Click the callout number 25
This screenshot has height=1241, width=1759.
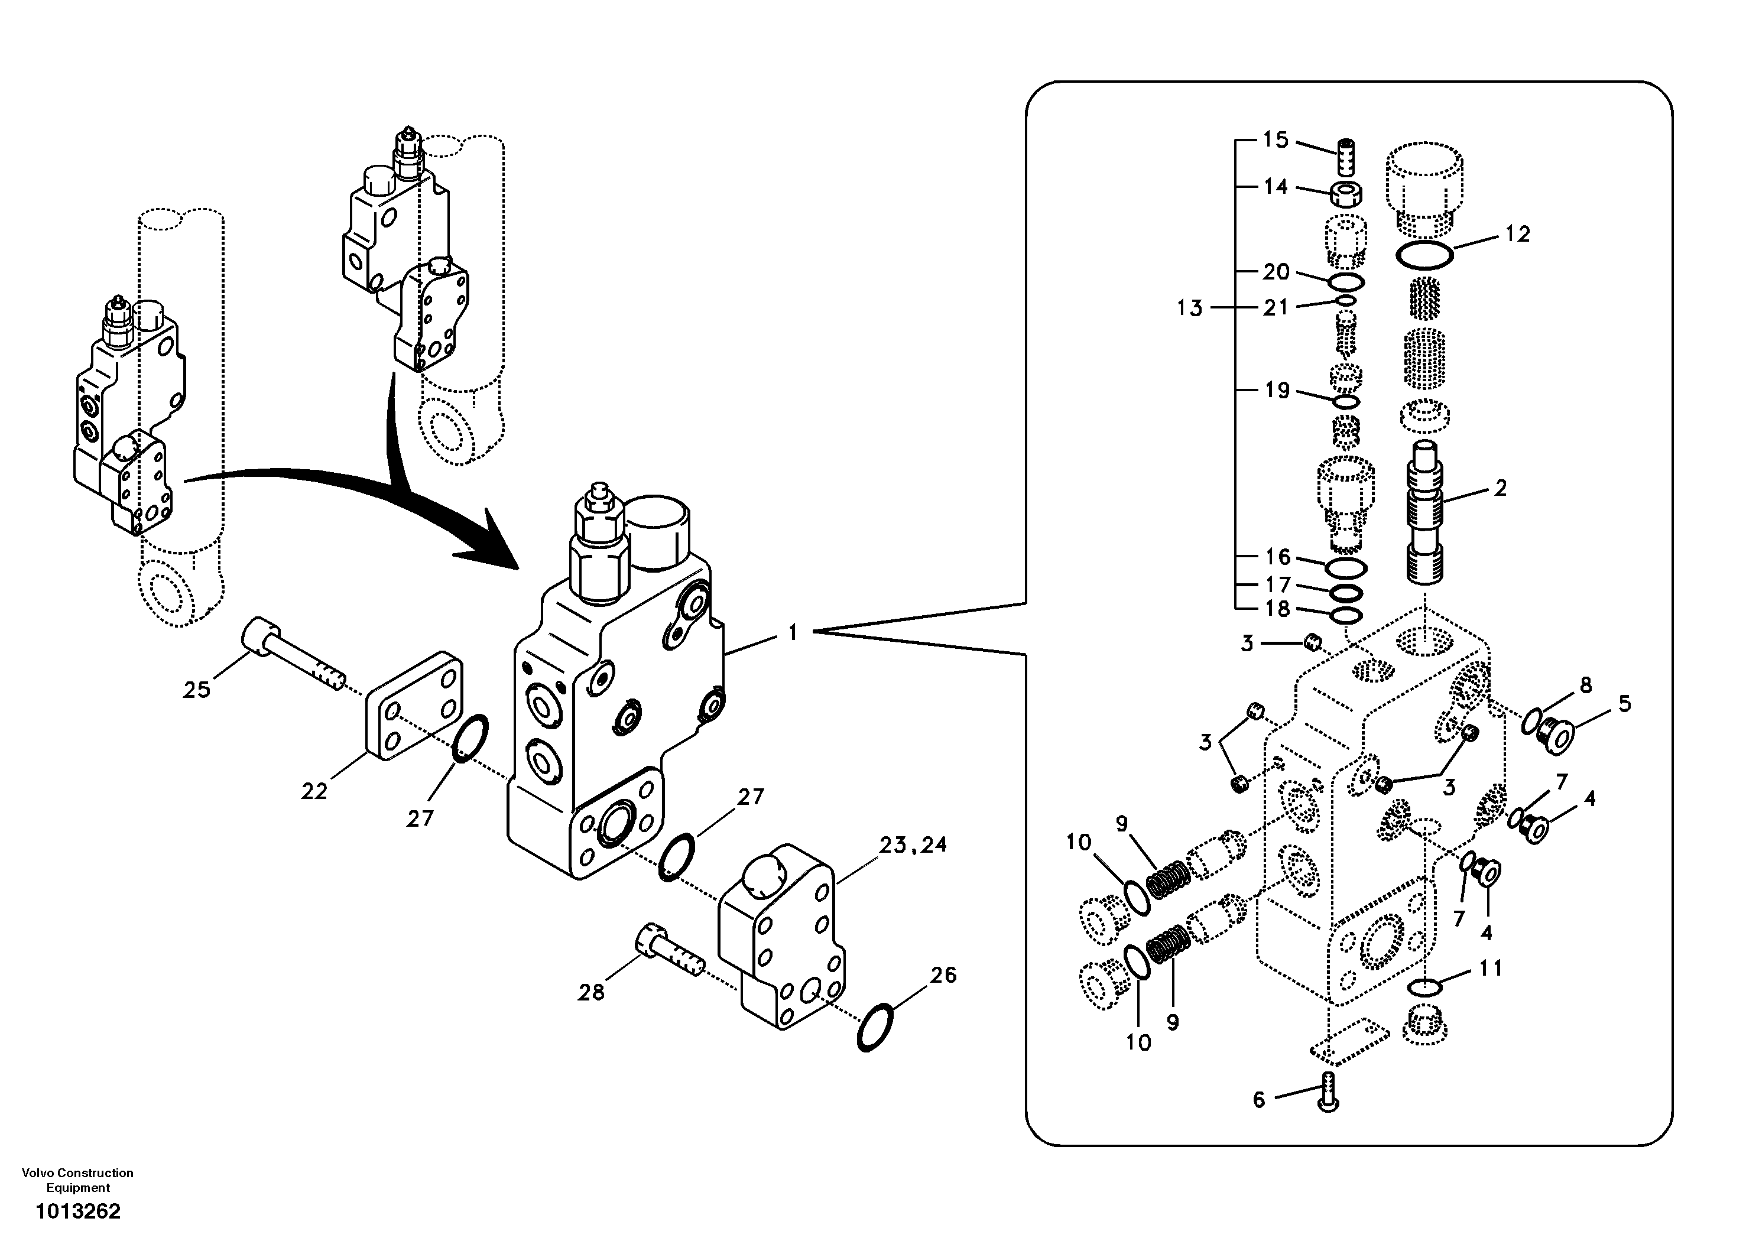click(196, 690)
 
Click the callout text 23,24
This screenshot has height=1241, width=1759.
click(913, 845)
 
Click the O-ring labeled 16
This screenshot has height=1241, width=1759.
click(1345, 568)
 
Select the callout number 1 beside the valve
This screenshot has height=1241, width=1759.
click(793, 633)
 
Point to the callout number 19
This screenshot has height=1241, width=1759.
click(1277, 391)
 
